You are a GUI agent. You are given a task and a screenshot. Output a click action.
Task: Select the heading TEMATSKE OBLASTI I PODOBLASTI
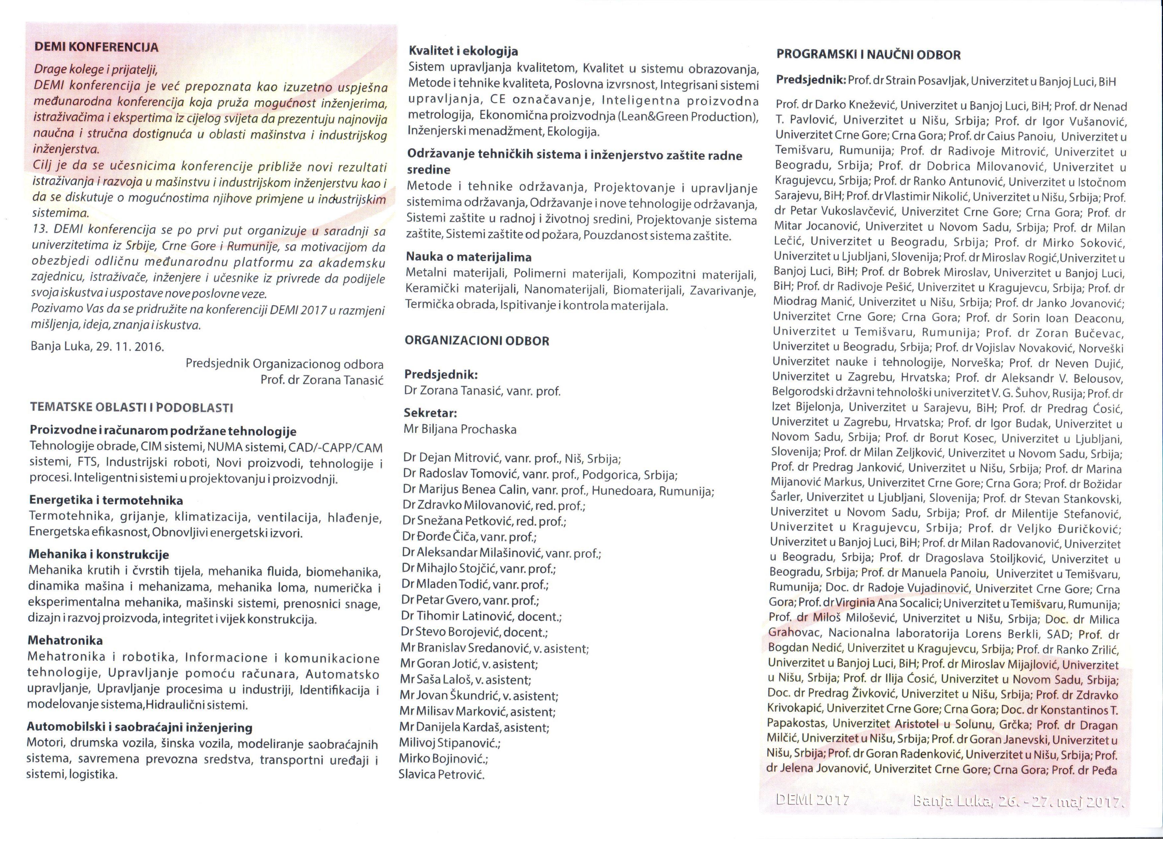(131, 408)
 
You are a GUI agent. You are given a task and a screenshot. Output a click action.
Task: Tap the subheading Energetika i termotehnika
(106, 500)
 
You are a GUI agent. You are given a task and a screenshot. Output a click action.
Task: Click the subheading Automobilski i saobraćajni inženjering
(140, 728)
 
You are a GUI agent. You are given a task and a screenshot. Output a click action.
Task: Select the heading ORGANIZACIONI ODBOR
(477, 341)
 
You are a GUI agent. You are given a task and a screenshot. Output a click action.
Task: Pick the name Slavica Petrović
(441, 774)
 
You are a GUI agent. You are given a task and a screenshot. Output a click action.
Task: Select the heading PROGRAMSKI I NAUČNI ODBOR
(868, 55)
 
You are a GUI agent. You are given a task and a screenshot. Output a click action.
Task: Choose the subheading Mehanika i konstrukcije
(99, 555)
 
